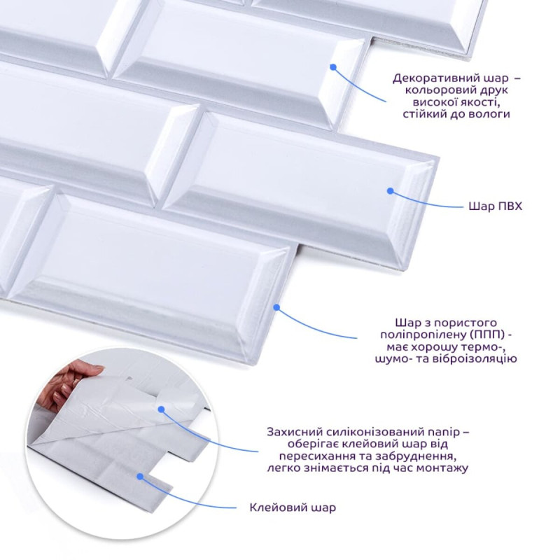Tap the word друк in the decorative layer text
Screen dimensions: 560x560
pyautogui.click(x=492, y=90)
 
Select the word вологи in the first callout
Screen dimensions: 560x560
pyautogui.click(x=489, y=114)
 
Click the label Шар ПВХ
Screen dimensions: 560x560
pyautogui.click(x=496, y=206)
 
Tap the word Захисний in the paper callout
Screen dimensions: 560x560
pyautogui.click(x=295, y=432)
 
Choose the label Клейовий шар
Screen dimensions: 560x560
pyautogui.click(x=293, y=507)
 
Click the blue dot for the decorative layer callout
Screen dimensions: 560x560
pyautogui.click(x=334, y=67)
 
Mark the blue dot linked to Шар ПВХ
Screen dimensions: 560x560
pyautogui.click(x=391, y=191)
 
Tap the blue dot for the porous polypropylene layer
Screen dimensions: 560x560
pyautogui.click(x=276, y=307)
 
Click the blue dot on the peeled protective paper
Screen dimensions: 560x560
pyautogui.click(x=162, y=409)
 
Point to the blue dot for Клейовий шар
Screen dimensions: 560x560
pyautogui.click(x=141, y=477)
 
